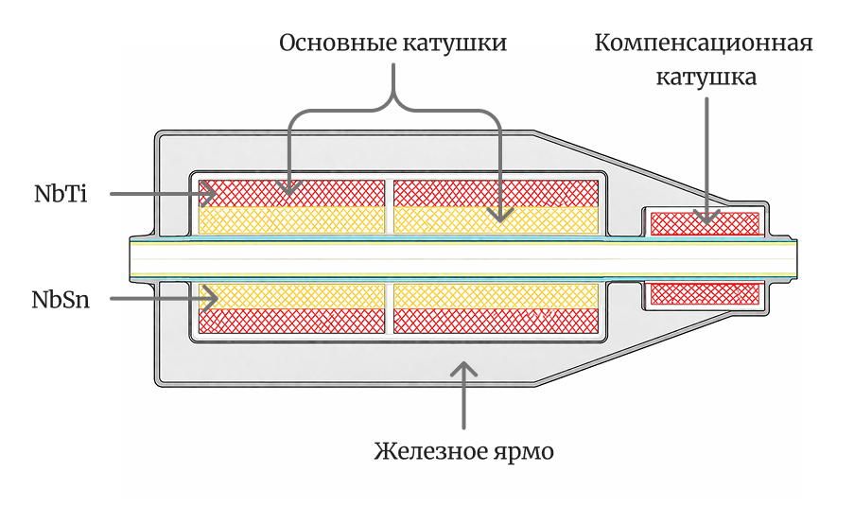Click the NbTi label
click(61, 195)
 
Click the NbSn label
click(61, 300)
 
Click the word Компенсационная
click(705, 44)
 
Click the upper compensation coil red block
click(706, 223)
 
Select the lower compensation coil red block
click(706, 294)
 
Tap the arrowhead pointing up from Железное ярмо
click(463, 368)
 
